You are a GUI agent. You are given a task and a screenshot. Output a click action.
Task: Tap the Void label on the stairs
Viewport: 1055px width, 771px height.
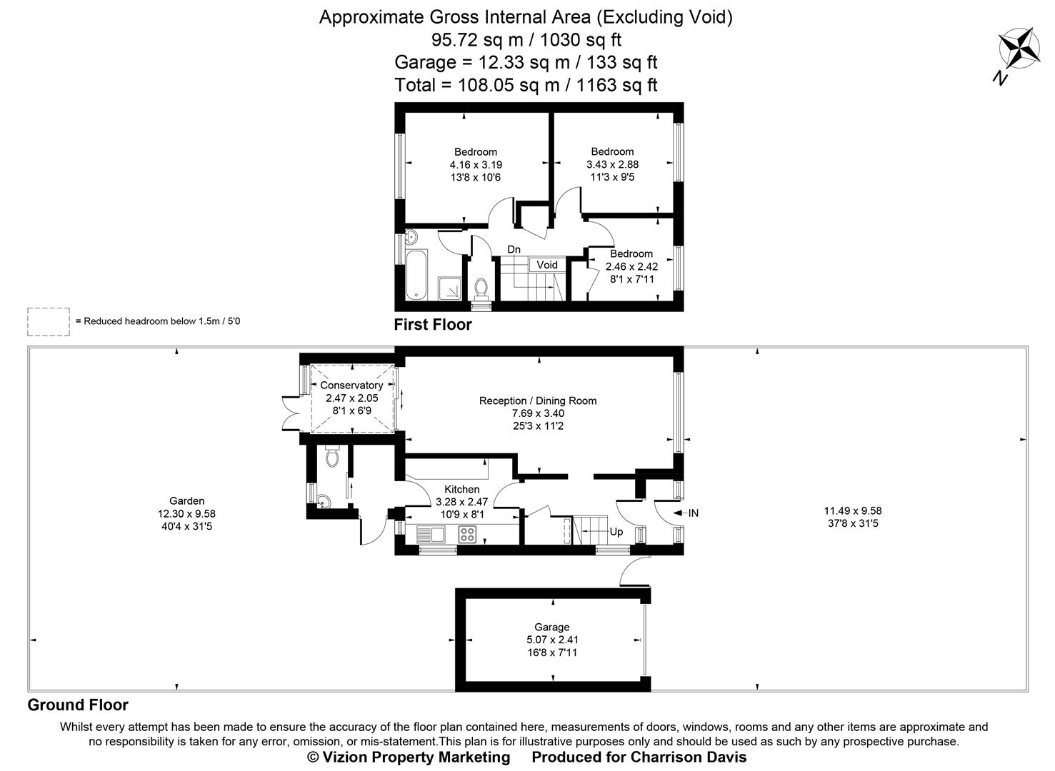tap(547, 265)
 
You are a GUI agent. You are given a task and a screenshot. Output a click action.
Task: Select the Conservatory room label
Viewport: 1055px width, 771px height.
tap(351, 385)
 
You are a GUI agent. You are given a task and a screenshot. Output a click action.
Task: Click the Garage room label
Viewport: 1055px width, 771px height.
tap(552, 628)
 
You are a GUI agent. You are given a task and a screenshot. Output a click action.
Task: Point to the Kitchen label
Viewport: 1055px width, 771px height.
tap(462, 490)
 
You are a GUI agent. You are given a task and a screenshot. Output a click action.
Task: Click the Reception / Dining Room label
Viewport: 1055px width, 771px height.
tap(538, 401)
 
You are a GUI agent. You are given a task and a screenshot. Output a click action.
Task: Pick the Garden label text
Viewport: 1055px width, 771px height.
tap(187, 501)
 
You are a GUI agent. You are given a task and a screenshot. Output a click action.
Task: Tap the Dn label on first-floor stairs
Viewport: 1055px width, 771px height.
tap(514, 249)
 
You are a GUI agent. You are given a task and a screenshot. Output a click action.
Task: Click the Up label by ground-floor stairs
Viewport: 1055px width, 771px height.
tap(616, 532)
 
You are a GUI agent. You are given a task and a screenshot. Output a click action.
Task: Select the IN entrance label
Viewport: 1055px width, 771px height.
tap(693, 513)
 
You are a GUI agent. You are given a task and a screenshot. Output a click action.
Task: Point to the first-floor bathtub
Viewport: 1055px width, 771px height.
tap(415, 276)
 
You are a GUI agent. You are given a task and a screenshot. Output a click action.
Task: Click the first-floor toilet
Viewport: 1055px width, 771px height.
tap(481, 286)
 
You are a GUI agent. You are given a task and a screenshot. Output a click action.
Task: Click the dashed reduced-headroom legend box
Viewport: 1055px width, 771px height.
tap(49, 321)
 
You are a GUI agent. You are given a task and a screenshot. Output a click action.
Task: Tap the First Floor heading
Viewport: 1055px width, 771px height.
tap(433, 325)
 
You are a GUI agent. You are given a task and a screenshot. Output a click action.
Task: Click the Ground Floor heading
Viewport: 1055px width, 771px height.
tap(78, 705)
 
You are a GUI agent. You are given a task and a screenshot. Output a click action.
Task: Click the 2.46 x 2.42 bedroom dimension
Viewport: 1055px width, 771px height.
tap(631, 266)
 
